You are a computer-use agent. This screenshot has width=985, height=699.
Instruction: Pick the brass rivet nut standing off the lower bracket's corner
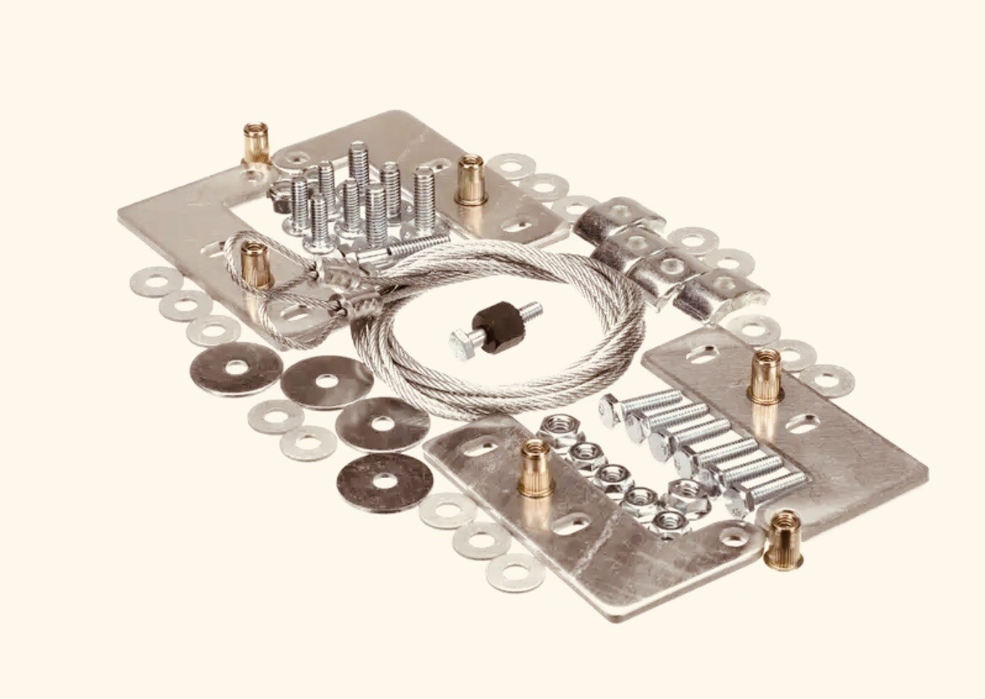point(783,540)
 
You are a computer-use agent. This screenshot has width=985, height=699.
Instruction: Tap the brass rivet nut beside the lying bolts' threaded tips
point(765,376)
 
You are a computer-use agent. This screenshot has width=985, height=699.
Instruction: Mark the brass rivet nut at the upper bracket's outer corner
point(256,143)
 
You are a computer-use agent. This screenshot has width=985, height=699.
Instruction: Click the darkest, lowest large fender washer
point(384,481)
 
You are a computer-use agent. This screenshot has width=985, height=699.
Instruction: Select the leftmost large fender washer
point(236,368)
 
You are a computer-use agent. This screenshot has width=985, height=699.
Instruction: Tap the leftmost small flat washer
point(155,281)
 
